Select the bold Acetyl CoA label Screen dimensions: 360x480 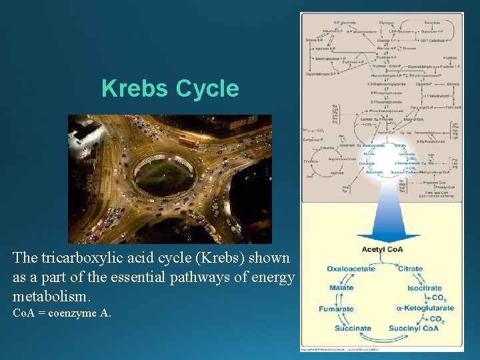[x=382, y=250]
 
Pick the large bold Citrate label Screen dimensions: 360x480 [x=410, y=269]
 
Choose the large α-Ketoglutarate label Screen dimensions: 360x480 [x=425, y=308]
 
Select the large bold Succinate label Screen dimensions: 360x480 [x=353, y=328]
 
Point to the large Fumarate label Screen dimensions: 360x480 [x=336, y=309]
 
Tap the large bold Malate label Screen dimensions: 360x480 [x=341, y=289]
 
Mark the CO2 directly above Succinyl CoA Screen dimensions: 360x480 [x=436, y=319]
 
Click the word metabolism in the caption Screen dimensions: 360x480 [x=53, y=295]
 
